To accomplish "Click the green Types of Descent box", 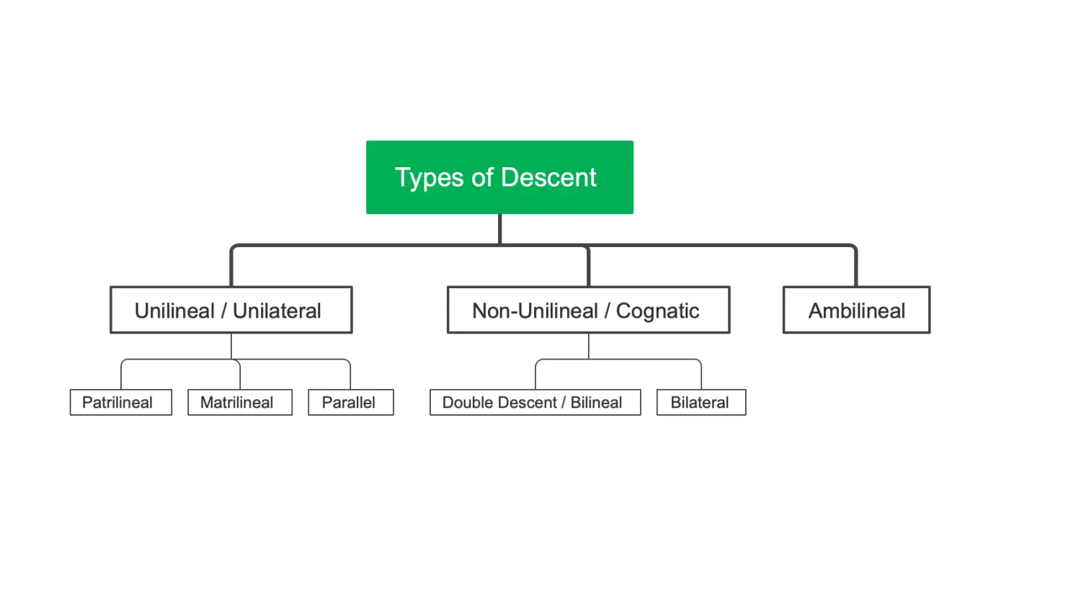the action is (499, 177).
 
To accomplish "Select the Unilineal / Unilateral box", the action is (231, 310).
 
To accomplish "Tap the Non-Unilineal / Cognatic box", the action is (588, 310).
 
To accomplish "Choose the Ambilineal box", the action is (857, 310).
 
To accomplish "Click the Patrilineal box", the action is (120, 402).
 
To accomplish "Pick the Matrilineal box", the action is (240, 402).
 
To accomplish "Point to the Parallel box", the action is (351, 402).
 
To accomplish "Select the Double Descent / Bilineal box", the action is (535, 402).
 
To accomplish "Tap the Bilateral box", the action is (701, 402).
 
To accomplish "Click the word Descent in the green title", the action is (548, 177).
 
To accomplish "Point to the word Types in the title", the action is (430, 179).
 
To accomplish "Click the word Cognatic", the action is (658, 311).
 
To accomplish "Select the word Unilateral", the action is (277, 311).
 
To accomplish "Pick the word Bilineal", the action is (596, 402).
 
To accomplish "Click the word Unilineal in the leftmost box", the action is (174, 311).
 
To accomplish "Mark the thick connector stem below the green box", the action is (500, 229).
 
